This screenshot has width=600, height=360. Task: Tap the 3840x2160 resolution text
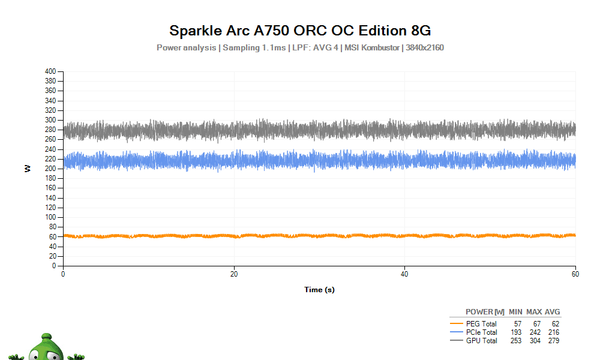point(425,48)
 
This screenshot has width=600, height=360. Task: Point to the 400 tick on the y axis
point(50,71)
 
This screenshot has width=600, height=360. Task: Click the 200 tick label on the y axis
point(50,169)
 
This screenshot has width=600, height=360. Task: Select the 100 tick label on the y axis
point(50,217)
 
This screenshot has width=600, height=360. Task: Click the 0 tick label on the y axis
point(54,266)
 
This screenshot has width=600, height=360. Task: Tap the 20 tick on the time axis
point(234,274)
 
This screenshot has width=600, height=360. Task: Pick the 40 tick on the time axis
point(404,274)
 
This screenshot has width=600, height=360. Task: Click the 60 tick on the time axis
point(575,274)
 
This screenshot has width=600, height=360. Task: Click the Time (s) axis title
point(320,290)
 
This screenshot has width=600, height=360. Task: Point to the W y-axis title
point(27,169)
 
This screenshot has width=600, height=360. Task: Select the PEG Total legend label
point(481,323)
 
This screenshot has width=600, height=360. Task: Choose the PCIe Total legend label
point(481,332)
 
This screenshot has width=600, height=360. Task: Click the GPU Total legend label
point(481,340)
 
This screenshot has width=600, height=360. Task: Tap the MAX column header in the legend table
point(534,312)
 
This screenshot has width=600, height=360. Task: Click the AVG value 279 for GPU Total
point(554,340)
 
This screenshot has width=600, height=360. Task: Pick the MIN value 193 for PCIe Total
point(516,332)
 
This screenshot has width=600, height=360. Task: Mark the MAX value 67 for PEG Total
point(537,323)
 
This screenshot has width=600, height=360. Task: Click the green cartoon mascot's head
point(46,348)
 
